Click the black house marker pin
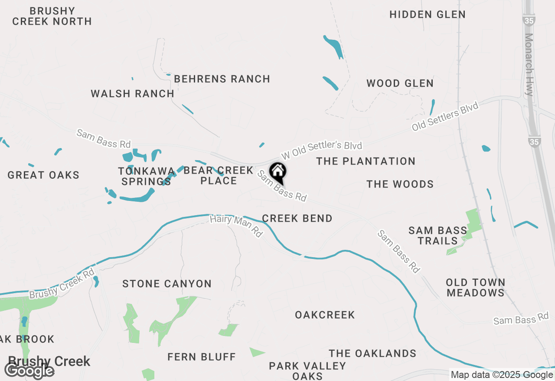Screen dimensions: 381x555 click(277, 172)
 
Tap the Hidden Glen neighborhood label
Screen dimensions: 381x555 click(427, 14)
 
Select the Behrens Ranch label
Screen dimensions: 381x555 click(222, 79)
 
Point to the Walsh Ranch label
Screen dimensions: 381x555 click(132, 94)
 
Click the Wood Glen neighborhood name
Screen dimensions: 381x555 click(400, 83)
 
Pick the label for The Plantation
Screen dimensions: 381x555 click(366, 161)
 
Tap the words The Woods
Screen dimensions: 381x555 click(400, 184)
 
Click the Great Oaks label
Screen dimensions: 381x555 click(43, 175)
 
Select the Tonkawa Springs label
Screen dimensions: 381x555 click(146, 176)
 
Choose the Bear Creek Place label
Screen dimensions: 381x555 click(219, 175)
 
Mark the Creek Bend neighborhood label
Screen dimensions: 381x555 click(297, 218)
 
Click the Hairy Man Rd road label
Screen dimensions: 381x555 click(236, 226)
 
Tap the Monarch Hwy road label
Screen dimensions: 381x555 click(529, 65)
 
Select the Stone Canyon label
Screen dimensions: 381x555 click(167, 284)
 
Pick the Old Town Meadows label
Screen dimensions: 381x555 click(476, 287)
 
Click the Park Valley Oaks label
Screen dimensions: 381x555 click(307, 371)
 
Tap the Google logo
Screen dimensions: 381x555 click(29, 371)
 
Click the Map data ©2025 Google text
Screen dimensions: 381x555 click(501, 375)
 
